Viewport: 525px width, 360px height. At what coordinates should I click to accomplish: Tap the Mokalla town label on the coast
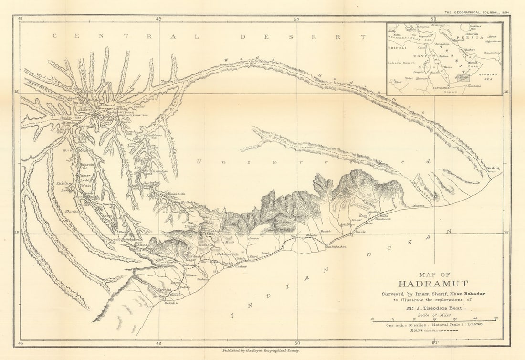click(170, 303)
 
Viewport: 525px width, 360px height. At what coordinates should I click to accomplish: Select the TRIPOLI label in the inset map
click(398, 48)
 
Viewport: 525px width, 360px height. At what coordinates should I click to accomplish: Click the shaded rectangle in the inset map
click(463, 78)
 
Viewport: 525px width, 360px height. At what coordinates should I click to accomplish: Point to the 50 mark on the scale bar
click(495, 318)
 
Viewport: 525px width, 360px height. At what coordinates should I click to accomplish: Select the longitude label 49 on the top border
click(158, 19)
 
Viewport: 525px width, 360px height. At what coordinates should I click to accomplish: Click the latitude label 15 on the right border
click(506, 233)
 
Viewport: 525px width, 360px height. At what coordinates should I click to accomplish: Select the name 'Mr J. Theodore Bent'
click(432, 309)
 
